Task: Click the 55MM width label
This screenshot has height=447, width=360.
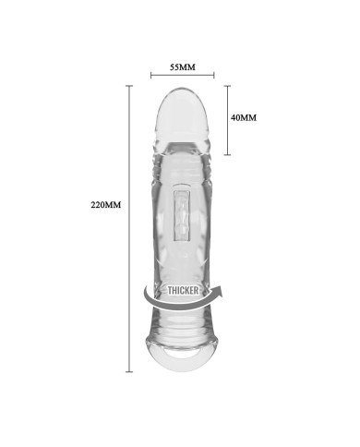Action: [x=183, y=67]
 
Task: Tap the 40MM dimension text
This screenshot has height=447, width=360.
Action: [x=244, y=117]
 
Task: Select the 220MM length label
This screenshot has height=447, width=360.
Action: [x=106, y=205]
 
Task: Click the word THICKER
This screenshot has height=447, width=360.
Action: [x=183, y=290]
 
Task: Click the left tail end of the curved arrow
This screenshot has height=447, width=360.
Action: [x=145, y=289]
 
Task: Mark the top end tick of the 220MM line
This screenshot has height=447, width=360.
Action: [x=129, y=86]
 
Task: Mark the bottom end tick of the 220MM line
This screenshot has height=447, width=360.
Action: [x=129, y=371]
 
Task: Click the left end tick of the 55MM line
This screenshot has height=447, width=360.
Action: [x=150, y=75]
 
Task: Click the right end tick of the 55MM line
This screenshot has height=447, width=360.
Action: [x=214, y=75]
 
